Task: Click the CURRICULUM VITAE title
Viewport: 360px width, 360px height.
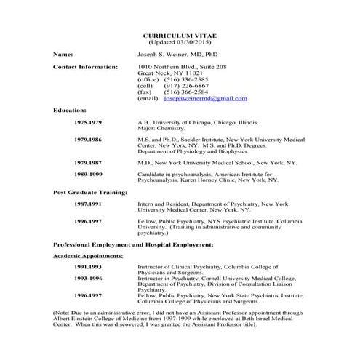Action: point(180,35)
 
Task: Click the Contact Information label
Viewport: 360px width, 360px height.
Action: point(85,67)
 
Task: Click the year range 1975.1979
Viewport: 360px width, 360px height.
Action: point(88,123)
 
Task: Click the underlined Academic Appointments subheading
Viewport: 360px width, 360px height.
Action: point(88,256)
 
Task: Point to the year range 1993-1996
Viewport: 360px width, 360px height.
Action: point(88,279)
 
